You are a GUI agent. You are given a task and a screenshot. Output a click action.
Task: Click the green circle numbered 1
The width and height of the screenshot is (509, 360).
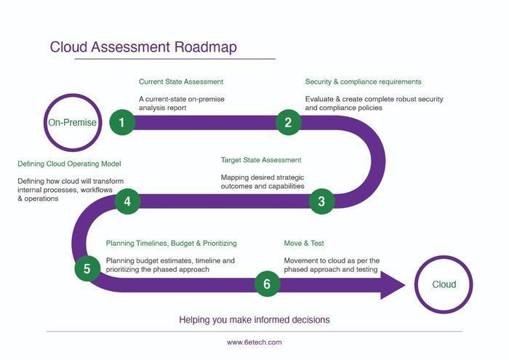point(122,122)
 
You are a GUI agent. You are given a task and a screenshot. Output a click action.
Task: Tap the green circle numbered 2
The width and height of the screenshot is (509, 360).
point(288,122)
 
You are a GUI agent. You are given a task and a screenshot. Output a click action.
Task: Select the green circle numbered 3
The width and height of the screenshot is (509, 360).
point(321,201)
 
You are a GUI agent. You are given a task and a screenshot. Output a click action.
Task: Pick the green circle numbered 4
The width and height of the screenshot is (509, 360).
point(127,201)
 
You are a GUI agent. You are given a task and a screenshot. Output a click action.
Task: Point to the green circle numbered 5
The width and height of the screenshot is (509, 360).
point(87,268)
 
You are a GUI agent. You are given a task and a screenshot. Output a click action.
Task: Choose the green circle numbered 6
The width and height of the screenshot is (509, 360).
point(267,284)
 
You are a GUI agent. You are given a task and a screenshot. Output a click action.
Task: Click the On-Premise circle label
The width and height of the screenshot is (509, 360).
point(73,122)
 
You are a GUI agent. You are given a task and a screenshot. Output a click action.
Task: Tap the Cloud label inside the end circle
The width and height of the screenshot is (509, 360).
point(444,284)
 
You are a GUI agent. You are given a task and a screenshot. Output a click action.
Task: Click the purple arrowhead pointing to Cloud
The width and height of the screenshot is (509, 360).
point(393,285)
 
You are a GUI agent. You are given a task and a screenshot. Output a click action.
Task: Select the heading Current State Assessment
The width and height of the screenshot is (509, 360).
point(181,81)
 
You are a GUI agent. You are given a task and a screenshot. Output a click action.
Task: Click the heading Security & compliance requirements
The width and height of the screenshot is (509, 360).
point(364,81)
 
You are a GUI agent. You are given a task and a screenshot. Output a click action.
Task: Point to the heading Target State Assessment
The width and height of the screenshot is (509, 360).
point(261,160)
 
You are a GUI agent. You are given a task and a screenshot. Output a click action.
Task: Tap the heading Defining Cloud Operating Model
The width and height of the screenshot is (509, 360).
point(69,164)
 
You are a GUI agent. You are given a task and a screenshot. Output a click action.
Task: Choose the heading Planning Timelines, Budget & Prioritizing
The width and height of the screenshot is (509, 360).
point(172,243)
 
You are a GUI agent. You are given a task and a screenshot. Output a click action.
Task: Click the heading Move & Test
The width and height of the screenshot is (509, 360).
point(304,243)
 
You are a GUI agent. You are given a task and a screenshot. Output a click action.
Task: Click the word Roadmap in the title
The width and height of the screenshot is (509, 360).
point(206,47)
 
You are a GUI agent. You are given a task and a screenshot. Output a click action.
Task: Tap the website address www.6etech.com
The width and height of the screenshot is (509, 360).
point(254,342)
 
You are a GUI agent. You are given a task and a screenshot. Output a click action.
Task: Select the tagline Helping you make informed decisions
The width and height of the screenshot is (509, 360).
point(254,320)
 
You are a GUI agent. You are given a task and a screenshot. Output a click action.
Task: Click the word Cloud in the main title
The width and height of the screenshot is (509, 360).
point(68,47)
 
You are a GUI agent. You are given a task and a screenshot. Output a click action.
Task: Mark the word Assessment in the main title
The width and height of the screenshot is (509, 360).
point(130,47)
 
